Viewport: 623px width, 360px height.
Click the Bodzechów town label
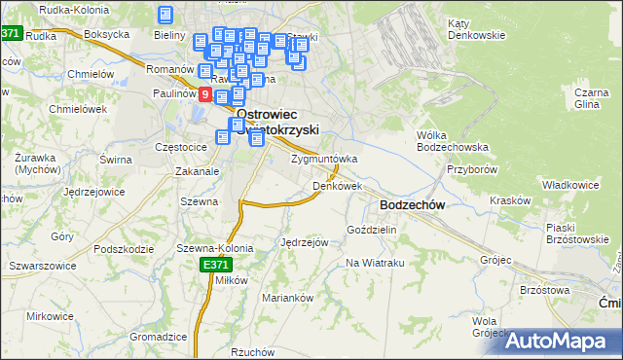(413, 205)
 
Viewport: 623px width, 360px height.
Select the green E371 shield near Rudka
(11, 32)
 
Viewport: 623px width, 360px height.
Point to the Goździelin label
(372, 230)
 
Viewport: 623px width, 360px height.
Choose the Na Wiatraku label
(375, 264)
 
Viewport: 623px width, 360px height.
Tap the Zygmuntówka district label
(324, 159)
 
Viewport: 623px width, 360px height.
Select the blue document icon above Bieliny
(165, 15)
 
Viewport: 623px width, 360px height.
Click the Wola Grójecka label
(484, 326)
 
